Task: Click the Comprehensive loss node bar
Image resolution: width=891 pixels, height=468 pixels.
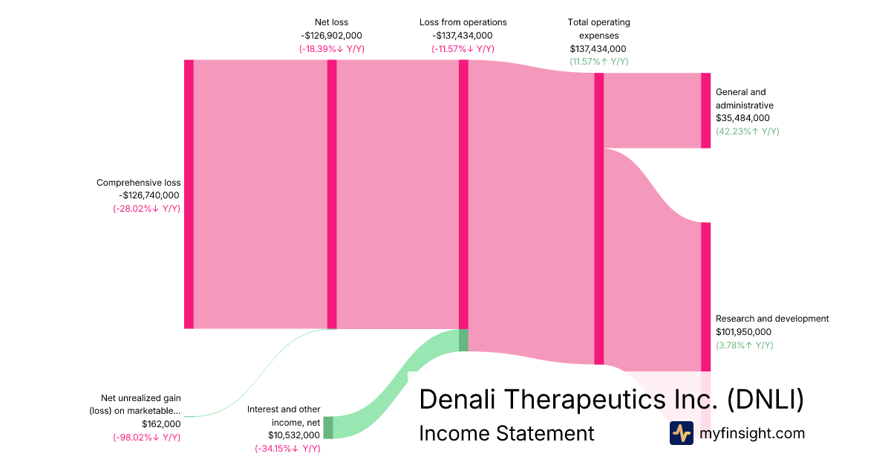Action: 189,194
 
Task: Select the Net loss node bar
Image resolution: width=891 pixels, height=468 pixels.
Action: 332,194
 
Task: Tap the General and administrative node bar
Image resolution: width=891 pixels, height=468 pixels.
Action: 705,111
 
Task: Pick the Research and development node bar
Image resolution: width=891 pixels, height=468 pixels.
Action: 705,296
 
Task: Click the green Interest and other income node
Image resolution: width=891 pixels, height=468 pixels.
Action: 328,427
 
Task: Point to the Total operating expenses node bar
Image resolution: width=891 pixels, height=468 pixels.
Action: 599,218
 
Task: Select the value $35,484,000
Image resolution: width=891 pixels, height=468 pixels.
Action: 742,118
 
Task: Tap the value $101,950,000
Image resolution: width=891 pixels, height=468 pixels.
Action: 743,332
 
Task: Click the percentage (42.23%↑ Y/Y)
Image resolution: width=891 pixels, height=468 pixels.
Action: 747,131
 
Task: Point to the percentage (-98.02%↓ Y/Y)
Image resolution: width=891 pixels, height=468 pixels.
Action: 146,438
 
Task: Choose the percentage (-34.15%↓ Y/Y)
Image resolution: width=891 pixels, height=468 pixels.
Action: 287,449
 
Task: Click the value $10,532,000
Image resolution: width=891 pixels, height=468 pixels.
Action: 294,435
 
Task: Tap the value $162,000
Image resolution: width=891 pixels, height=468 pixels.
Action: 161,424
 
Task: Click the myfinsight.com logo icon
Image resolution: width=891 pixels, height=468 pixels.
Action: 681,433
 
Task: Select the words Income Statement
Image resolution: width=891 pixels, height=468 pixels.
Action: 506,433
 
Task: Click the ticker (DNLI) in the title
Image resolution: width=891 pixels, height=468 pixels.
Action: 765,400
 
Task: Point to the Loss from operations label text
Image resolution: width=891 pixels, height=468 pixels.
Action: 463,22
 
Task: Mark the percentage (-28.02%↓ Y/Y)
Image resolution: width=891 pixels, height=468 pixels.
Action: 146,209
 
